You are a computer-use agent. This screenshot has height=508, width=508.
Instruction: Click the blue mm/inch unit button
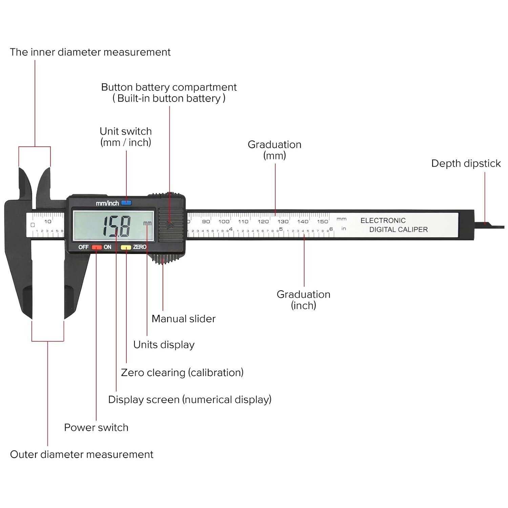[x=126, y=203]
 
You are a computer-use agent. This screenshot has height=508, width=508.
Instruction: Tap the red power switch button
[x=97, y=247]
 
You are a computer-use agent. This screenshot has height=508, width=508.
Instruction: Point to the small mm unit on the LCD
[x=147, y=223]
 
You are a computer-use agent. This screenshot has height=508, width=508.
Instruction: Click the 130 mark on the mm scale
[x=283, y=221]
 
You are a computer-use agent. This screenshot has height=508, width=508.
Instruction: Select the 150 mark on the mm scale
[x=322, y=221]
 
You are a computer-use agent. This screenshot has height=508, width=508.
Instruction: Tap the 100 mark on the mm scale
[x=224, y=221]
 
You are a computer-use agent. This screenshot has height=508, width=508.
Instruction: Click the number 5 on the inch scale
[x=281, y=230]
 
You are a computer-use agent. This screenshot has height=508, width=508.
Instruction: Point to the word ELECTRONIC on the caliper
[x=383, y=220]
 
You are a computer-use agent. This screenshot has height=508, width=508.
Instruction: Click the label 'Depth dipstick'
[x=466, y=164]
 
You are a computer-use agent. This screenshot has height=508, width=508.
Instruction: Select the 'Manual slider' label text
[x=183, y=319]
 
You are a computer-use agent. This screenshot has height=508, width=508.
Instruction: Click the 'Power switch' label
[x=96, y=427]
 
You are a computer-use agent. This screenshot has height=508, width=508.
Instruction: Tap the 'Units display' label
[x=164, y=345]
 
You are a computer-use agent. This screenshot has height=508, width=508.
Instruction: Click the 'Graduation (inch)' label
[x=303, y=300]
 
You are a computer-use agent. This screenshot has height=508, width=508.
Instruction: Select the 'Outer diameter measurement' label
[x=82, y=454]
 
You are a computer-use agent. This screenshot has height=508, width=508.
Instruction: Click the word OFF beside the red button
[x=83, y=247]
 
